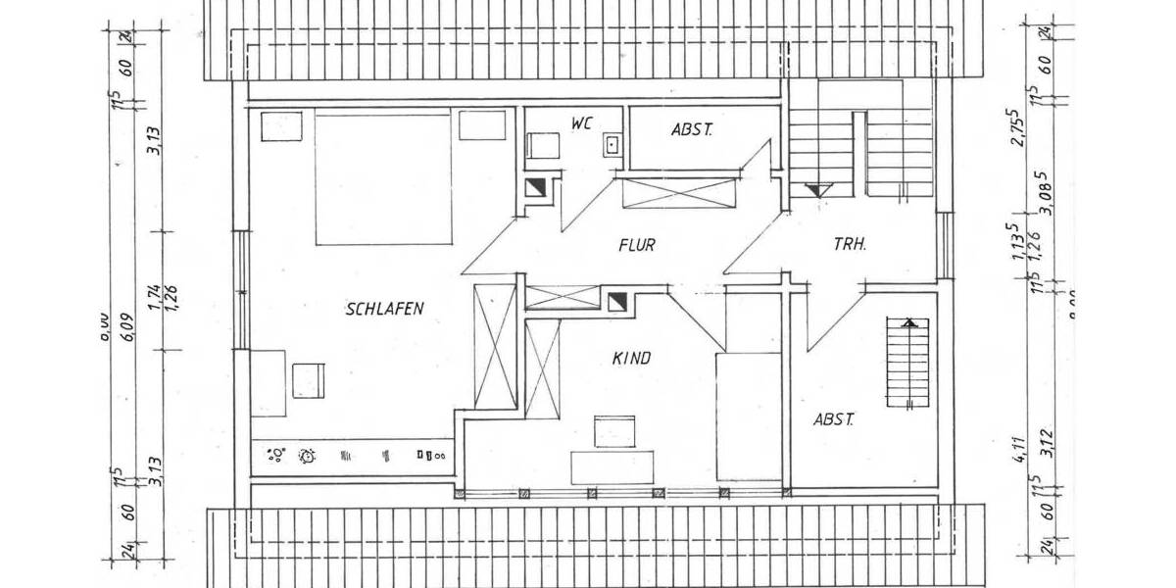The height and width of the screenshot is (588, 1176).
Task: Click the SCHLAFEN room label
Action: (x=384, y=310)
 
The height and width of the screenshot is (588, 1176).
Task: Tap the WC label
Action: (x=583, y=123)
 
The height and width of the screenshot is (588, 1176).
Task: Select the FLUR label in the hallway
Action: (x=636, y=245)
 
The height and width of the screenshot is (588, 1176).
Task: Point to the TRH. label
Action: (x=850, y=245)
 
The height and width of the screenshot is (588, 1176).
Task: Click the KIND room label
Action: (x=631, y=359)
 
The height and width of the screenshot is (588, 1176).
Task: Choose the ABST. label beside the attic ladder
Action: (x=834, y=419)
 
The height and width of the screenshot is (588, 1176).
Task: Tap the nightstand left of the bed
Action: (x=281, y=127)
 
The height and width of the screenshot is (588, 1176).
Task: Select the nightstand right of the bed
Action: (x=481, y=125)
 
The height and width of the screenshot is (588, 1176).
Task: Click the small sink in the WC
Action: (x=612, y=144)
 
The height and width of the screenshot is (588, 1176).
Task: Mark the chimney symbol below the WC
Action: (x=536, y=188)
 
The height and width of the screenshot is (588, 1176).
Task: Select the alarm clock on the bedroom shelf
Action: (x=308, y=455)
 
